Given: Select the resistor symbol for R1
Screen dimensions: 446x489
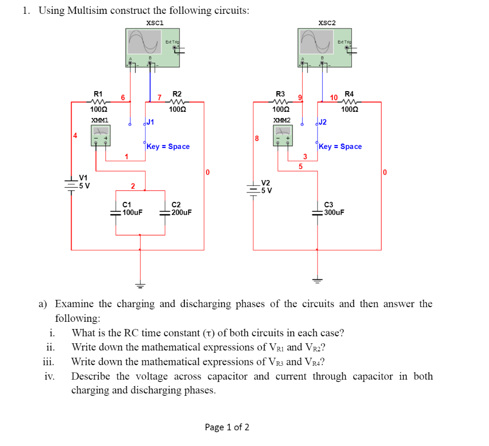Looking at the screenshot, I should (98, 102).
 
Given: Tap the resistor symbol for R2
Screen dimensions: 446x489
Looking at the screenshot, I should (177, 102).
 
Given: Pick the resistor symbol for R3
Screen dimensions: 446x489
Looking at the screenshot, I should (280, 102).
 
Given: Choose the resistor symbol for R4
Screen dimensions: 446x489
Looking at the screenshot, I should (350, 102).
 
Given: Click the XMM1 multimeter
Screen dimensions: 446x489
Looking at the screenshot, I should (100, 135).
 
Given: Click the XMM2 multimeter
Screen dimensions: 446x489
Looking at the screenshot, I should (283, 135).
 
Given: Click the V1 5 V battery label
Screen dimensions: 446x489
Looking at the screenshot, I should (84, 182).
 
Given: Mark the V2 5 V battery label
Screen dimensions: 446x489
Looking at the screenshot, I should (266, 187).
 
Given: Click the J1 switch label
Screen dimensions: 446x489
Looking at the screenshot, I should (150, 122).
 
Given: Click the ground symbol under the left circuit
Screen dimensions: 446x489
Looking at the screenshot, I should (140, 286).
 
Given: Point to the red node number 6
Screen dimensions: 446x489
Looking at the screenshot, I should (123, 97).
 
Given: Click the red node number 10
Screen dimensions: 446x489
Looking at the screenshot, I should (334, 97).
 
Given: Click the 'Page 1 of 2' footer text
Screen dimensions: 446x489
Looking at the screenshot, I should (227, 427).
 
